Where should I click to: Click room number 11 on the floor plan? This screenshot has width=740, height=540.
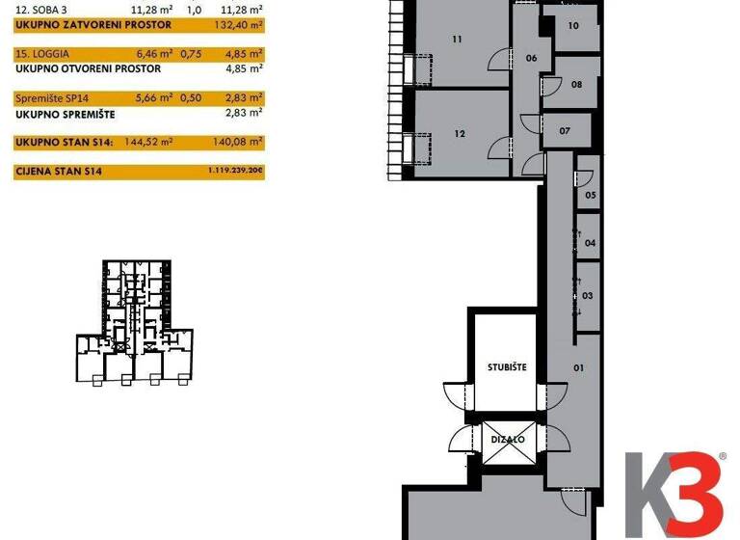457,40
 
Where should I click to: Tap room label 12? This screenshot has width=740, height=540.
460,134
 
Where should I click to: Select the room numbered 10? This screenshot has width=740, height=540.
573,26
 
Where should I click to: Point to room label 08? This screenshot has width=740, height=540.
576,85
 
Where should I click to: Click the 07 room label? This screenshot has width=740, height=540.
565,130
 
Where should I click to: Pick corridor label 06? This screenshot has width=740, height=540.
531,58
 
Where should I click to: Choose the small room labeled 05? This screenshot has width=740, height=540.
591,195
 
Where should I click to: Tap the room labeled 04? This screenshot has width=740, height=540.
591,244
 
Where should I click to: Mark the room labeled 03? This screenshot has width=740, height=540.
587,296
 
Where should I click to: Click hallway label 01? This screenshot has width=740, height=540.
579,367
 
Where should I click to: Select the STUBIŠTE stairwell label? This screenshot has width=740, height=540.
507,366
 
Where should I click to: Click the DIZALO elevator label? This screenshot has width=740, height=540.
507,439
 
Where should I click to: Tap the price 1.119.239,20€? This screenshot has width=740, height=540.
235,171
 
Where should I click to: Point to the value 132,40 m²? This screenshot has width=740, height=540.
242,23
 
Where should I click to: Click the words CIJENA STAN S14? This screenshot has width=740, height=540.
60,171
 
